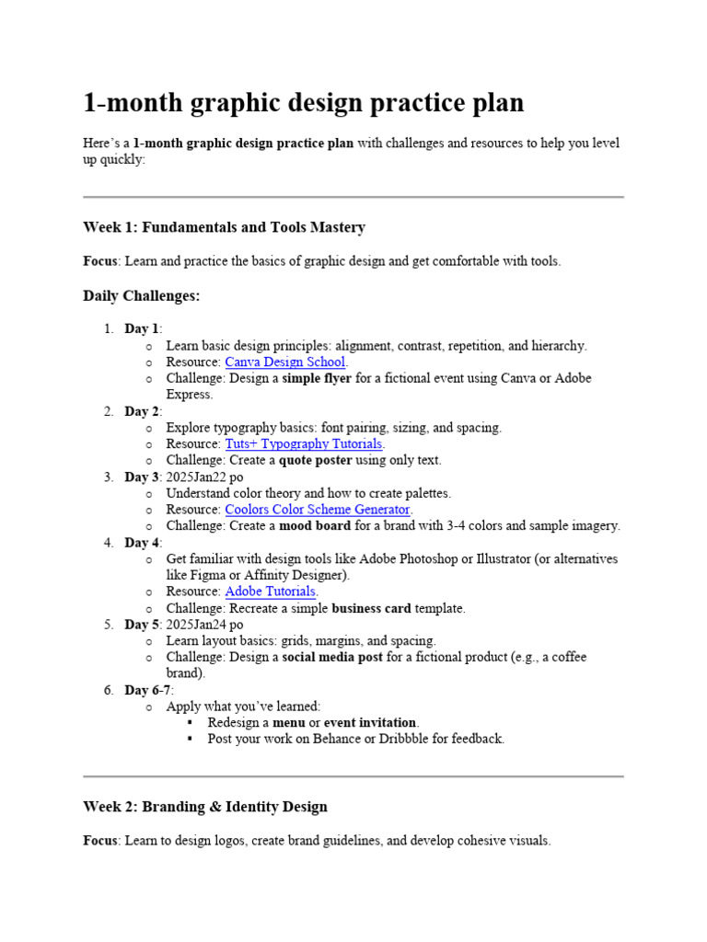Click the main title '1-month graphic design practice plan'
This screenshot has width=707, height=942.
click(x=303, y=103)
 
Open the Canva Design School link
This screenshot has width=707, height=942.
click(x=284, y=362)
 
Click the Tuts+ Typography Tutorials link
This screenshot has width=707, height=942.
click(x=303, y=443)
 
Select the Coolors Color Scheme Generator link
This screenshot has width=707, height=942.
click(x=318, y=509)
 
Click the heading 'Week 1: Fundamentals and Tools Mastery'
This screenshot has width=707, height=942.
click(x=224, y=227)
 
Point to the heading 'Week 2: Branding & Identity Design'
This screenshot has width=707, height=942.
click(x=204, y=807)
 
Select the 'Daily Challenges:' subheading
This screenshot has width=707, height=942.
click(x=141, y=296)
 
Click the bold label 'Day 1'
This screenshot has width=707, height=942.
click(x=142, y=329)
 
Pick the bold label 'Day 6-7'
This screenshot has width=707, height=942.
click(x=147, y=690)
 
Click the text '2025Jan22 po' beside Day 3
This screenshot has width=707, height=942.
click(x=204, y=477)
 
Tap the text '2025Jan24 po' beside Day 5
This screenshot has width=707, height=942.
click(x=204, y=625)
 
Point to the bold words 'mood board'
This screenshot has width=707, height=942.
click(x=314, y=525)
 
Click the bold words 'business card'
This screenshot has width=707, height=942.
click(x=372, y=608)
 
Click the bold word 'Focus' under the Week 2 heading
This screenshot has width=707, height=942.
click(x=100, y=840)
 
